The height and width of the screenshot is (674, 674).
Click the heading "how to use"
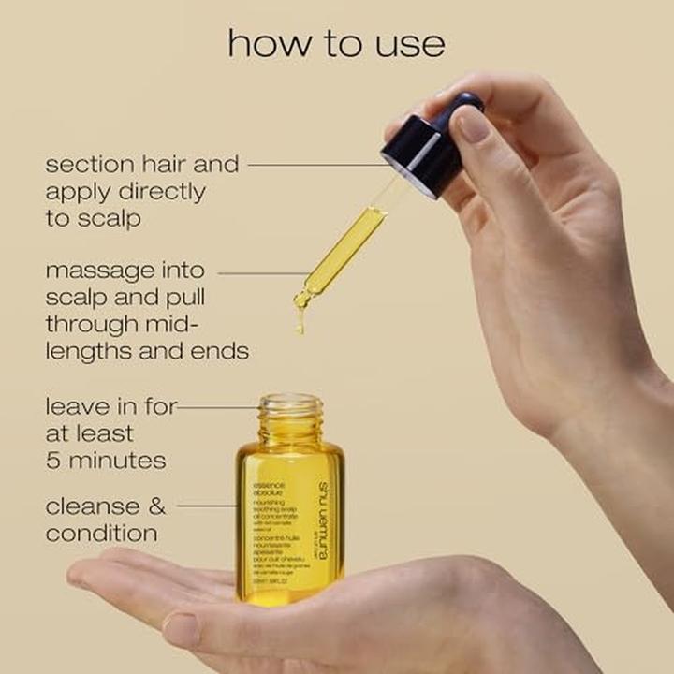[336, 43]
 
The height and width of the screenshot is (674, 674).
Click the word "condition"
[101, 535]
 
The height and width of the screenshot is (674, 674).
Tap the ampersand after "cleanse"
[154, 506]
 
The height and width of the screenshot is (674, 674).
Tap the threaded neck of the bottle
[290, 417]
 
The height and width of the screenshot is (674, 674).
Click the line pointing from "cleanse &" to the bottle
[207, 506]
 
